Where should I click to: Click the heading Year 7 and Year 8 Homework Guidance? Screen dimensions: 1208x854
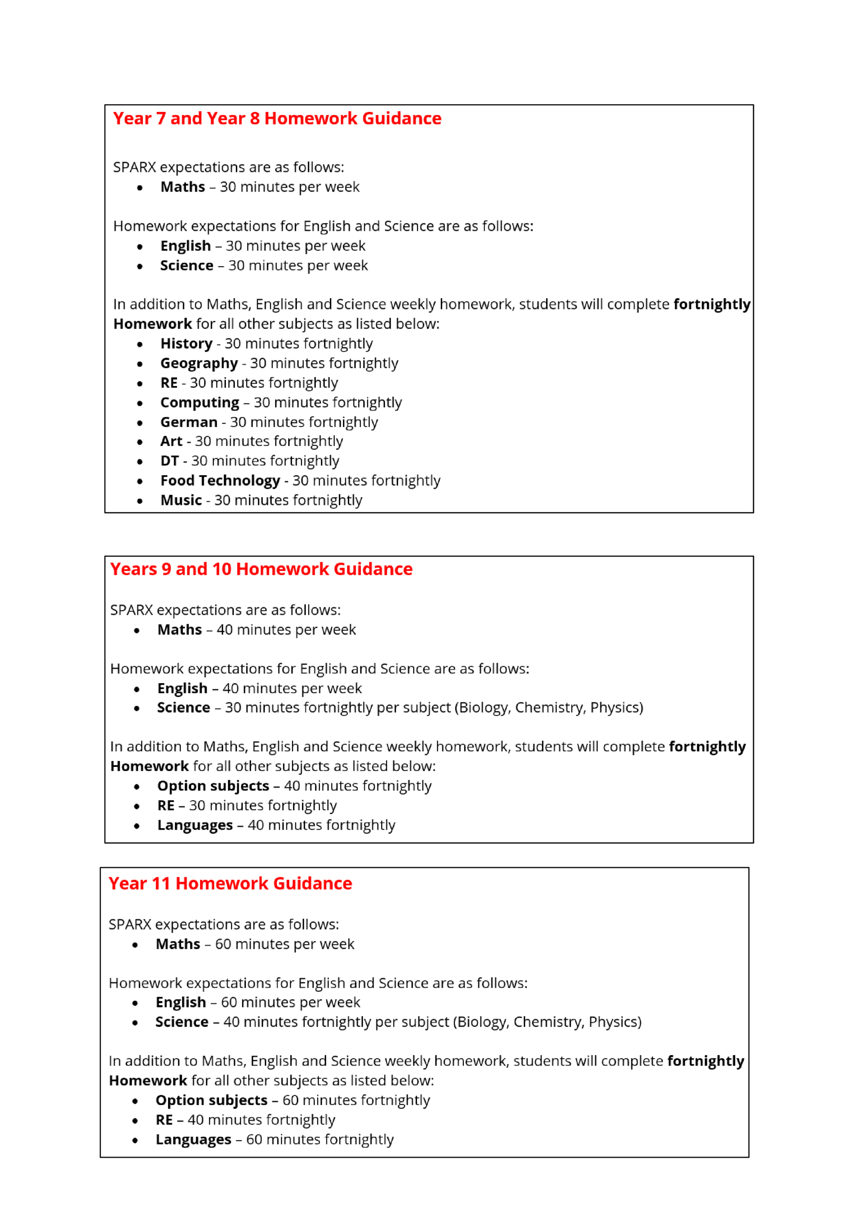click(277, 118)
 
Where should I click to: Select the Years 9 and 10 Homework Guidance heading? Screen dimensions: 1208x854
click(261, 569)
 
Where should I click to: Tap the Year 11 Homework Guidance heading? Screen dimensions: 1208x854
click(230, 883)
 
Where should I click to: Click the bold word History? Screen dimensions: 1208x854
click(186, 344)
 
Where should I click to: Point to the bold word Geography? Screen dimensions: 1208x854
click(199, 363)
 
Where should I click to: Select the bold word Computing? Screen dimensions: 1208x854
click(200, 403)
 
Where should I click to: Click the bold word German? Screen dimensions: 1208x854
click(188, 422)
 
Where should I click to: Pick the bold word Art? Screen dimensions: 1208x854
click(171, 441)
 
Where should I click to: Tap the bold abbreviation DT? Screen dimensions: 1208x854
click(169, 461)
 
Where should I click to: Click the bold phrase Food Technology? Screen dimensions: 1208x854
click(220, 480)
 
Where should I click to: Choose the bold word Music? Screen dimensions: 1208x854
click(181, 500)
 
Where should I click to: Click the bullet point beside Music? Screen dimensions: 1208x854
click(140, 501)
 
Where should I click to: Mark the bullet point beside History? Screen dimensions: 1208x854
click(140, 344)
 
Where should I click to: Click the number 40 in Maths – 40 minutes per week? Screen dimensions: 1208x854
click(224, 629)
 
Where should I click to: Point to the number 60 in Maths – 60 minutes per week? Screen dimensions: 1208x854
click(223, 944)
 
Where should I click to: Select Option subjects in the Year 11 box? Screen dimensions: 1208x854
click(211, 1100)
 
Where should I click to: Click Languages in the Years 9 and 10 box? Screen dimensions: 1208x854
click(195, 825)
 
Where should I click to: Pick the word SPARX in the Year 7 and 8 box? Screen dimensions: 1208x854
click(134, 168)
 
